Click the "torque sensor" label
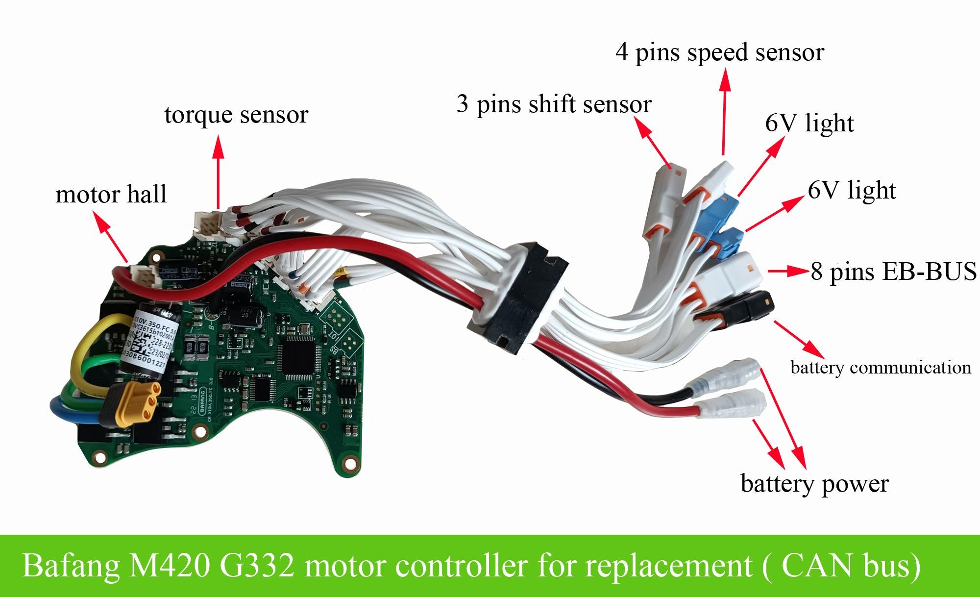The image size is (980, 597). [236, 115]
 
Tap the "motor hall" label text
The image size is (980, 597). [111, 194]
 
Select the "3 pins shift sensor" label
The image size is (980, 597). [554, 104]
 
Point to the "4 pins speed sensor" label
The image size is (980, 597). [720, 52]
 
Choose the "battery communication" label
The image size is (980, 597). [881, 367]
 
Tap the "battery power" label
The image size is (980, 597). [814, 484]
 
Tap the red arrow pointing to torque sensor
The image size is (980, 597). [219, 172]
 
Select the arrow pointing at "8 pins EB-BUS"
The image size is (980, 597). [787, 271]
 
